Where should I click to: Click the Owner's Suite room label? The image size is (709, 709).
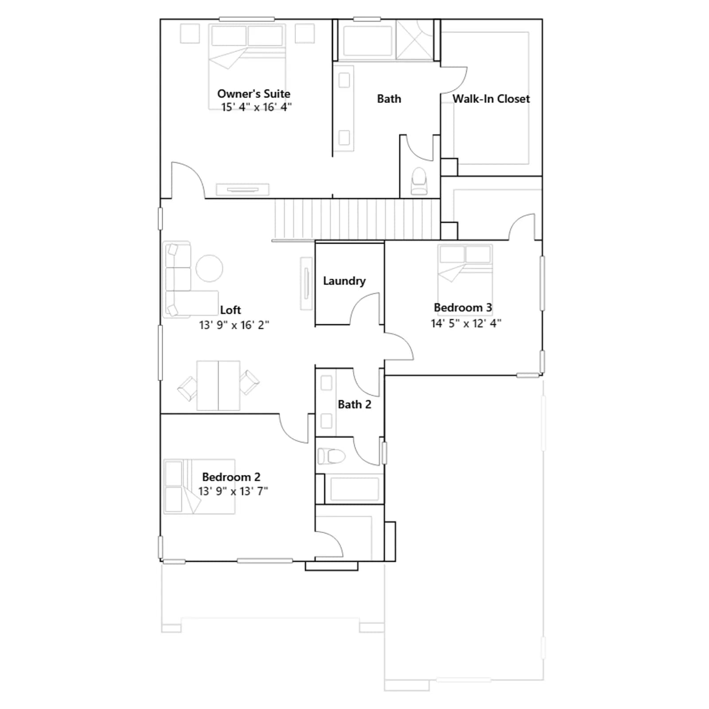coord(253,93)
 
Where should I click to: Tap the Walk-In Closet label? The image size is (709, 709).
coord(491,98)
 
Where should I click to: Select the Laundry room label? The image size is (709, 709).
coord(344,281)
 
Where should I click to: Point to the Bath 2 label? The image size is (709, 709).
coord(354,404)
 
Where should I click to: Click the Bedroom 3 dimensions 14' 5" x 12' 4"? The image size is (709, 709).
coord(466,323)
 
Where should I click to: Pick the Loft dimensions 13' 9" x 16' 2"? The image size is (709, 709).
coord(234,325)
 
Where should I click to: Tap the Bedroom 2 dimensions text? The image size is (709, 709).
coord(233,491)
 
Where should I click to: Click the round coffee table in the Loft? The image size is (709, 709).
coord(209,268)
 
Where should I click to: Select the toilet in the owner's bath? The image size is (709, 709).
coord(419,181)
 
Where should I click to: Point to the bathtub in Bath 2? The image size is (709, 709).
coord(354,489)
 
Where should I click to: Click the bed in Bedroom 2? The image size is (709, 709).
coord(199,487)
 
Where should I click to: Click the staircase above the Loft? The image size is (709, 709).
coord(357,219)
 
